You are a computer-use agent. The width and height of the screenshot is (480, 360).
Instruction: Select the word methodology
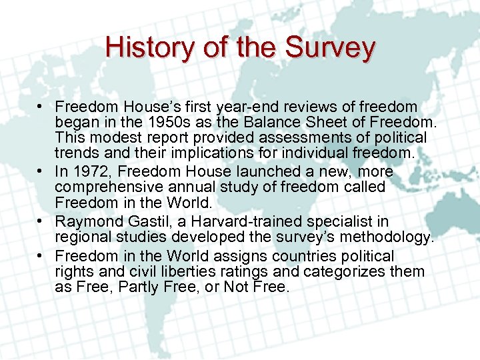(x=385, y=237)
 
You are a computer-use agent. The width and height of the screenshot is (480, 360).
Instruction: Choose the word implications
(x=227, y=153)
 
